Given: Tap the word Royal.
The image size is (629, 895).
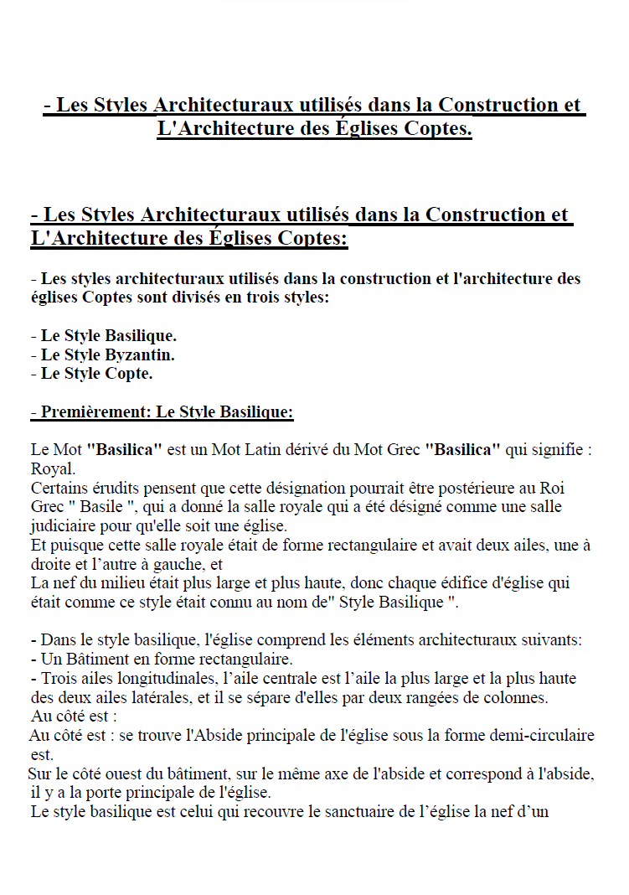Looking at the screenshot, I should pyautogui.click(x=53, y=468).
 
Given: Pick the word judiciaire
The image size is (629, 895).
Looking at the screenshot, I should pyautogui.click(x=66, y=526).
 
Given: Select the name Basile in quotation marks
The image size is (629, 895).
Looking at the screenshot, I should pyautogui.click(x=101, y=507).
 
